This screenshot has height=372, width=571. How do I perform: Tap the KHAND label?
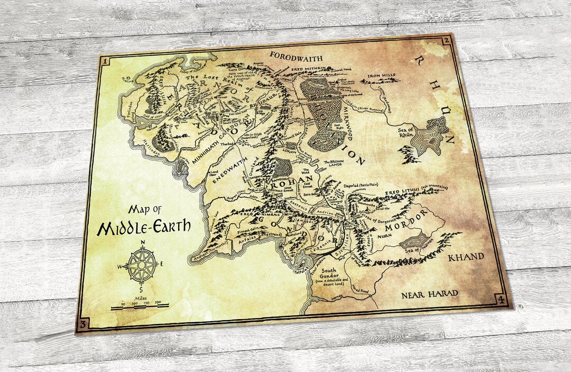[x=465, y=257]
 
